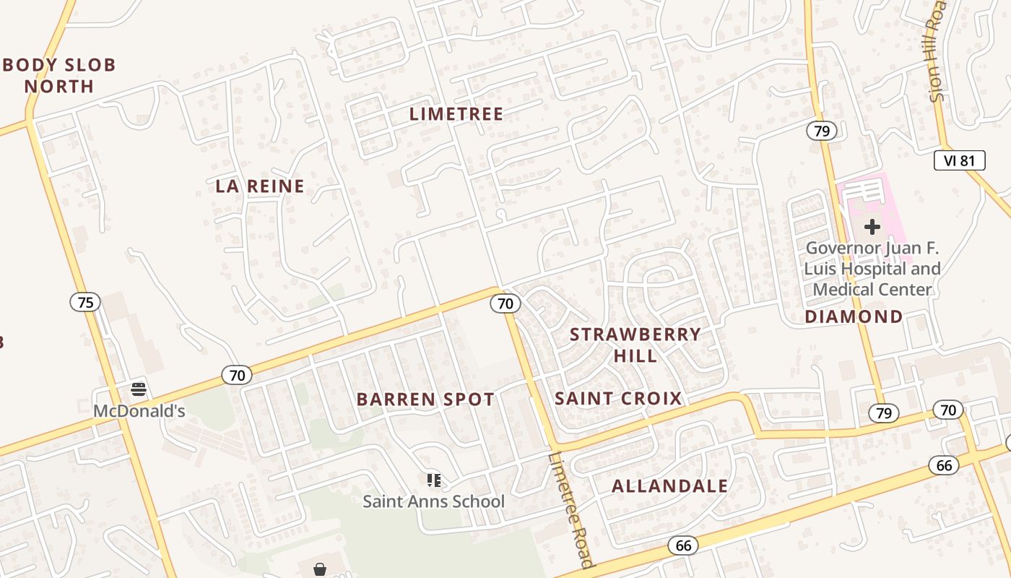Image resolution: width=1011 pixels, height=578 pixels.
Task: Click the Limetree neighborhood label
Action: [456, 114]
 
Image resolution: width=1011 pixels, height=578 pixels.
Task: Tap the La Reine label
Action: [260, 186]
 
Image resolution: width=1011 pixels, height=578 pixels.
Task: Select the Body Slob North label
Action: [59, 75]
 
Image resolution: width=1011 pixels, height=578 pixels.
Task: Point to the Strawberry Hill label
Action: [635, 345]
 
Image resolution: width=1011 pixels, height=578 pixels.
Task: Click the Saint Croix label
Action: [618, 398]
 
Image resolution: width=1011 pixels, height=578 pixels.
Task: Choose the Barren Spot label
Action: [425, 399]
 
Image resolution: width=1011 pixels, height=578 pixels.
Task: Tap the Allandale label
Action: [669, 486]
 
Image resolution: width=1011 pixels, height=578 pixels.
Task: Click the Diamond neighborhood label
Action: [854, 316]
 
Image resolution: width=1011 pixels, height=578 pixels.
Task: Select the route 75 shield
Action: [85, 302]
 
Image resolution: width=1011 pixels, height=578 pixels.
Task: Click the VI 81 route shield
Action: [959, 160]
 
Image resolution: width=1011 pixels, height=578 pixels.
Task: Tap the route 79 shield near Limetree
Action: [822, 131]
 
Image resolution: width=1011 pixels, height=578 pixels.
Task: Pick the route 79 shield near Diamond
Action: [883, 413]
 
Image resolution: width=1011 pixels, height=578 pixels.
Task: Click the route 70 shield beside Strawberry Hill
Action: [506, 303]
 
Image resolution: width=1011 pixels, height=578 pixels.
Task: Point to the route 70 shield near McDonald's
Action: [237, 375]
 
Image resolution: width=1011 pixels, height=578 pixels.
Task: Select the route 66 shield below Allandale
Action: [683, 545]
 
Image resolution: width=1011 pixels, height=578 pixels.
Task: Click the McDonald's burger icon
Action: [139, 390]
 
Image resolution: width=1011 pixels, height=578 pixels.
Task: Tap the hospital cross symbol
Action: [872, 227]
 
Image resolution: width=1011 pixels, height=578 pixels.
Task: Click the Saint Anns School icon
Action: [433, 480]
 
